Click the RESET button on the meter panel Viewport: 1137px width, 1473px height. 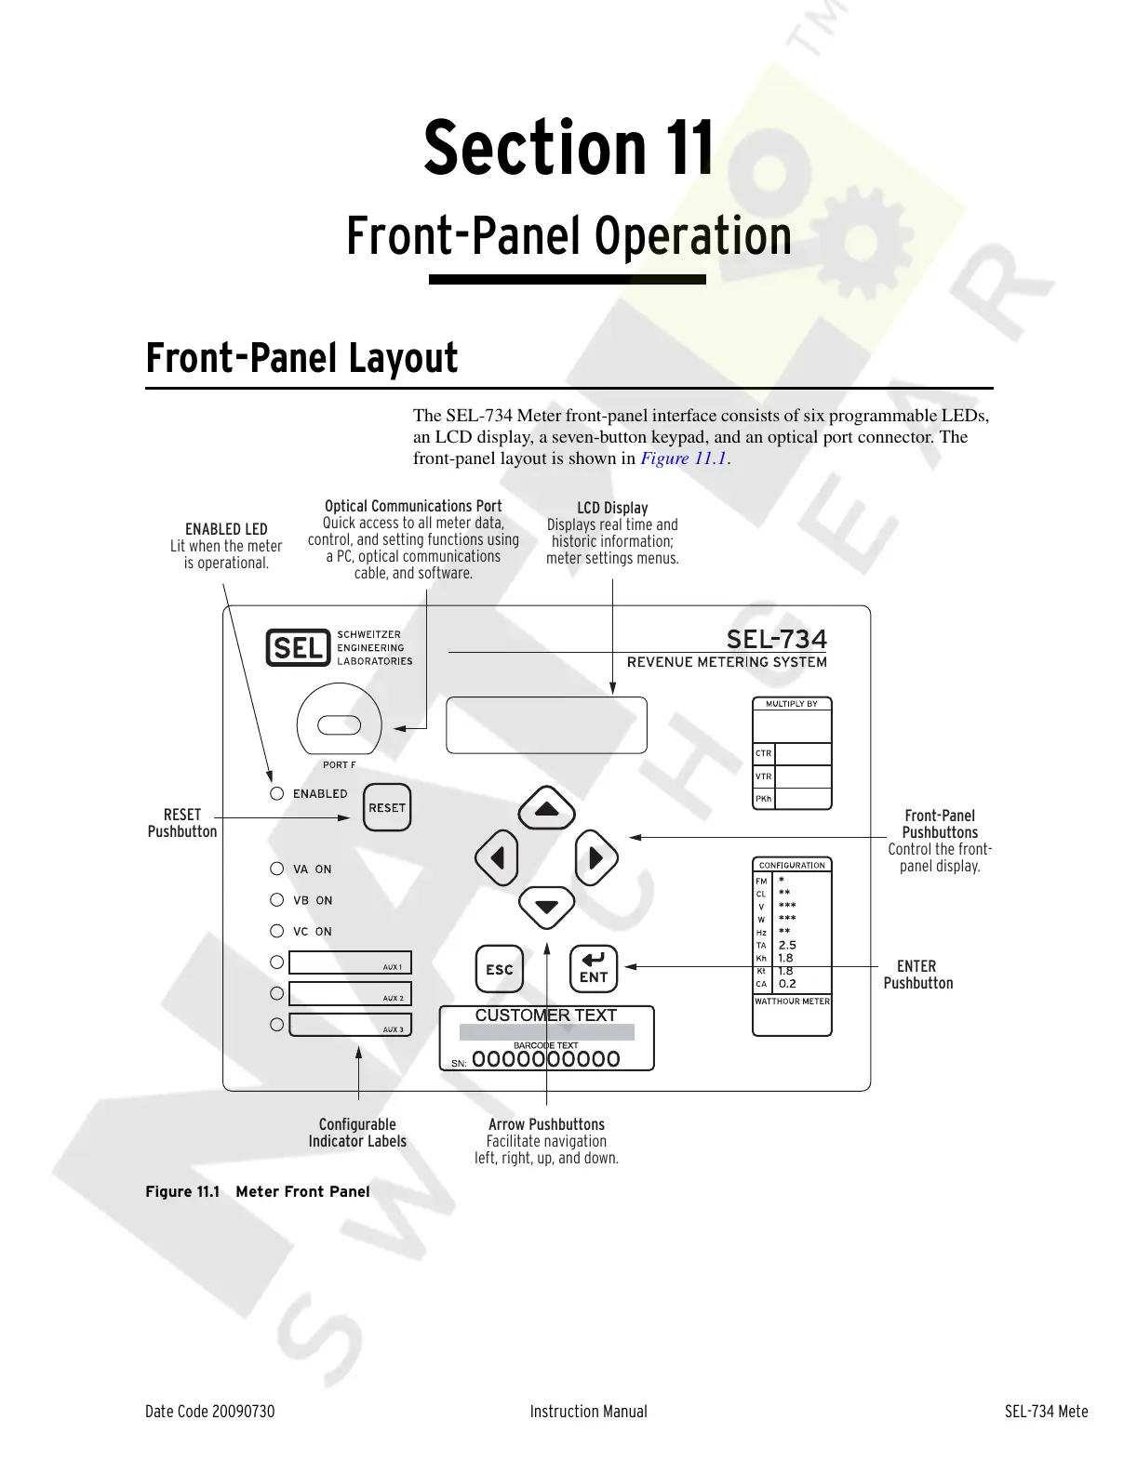point(386,807)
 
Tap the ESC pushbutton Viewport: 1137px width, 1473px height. point(500,969)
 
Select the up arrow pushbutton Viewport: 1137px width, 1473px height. point(546,809)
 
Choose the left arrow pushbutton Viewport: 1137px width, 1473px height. point(496,857)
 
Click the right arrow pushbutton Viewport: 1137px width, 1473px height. point(596,857)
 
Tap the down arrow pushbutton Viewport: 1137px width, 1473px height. point(546,907)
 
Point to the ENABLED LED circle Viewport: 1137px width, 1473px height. point(276,793)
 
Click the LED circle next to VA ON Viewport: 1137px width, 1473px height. point(276,869)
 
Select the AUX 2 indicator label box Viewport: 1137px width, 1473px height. point(350,993)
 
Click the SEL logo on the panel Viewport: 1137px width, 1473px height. point(298,647)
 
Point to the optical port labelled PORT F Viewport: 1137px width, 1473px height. point(339,723)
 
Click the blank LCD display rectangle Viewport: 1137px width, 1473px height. point(546,724)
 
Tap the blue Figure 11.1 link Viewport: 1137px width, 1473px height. point(683,458)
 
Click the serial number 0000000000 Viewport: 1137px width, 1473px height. point(545,1059)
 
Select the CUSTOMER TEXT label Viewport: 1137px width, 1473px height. point(546,1015)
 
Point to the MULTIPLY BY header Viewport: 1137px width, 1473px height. point(791,704)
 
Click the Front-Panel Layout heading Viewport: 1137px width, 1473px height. point(301,359)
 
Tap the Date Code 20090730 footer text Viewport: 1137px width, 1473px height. point(210,1412)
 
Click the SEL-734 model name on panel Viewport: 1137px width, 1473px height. point(776,640)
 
